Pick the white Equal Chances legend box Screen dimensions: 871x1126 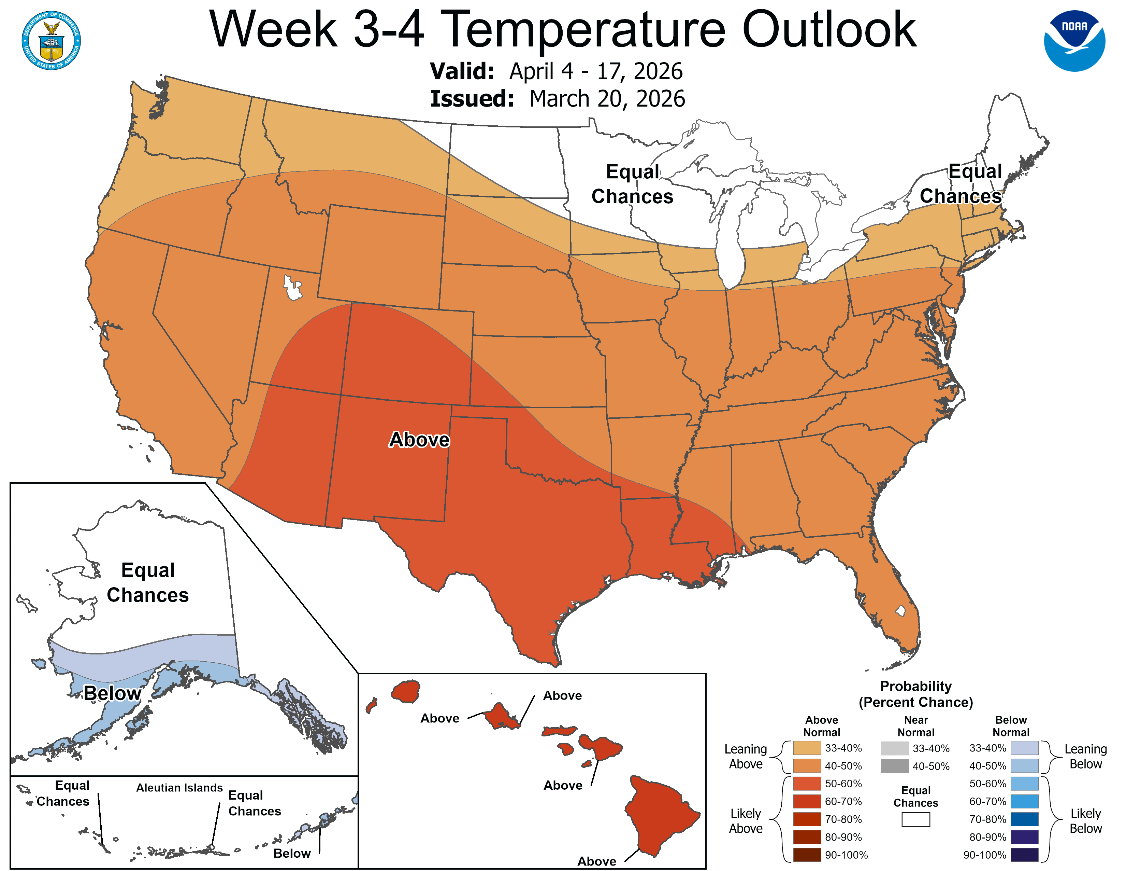tap(916, 819)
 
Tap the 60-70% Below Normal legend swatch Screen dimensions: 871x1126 tap(1024, 801)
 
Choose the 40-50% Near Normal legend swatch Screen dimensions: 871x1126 tap(895, 766)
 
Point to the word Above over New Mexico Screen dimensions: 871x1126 tap(419, 440)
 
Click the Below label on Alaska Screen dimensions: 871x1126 tap(112, 693)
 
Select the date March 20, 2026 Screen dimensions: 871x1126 tap(607, 99)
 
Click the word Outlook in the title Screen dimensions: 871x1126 tap(829, 30)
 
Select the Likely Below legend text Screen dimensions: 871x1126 tap(1085, 821)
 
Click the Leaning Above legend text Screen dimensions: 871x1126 tap(746, 757)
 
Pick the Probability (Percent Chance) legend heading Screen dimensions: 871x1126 tap(916, 694)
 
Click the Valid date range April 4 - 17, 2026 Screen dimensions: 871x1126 tap(595, 71)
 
